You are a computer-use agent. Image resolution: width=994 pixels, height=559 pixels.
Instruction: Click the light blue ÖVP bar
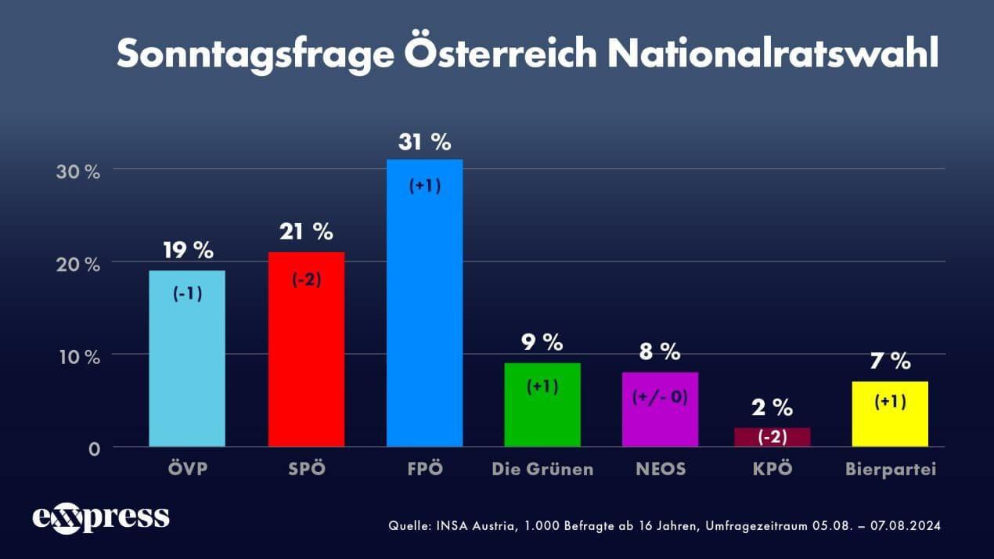187,359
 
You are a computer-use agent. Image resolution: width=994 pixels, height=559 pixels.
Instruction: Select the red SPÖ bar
306,349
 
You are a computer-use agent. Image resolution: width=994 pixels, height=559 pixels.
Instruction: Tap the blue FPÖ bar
424,303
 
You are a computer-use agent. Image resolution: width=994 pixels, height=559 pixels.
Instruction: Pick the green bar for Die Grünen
542,405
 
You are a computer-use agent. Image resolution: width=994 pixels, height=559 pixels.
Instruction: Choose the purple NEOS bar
659,409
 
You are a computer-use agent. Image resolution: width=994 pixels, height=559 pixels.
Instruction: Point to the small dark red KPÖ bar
772,437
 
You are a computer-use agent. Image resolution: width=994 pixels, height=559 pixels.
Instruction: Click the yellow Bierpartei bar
890,414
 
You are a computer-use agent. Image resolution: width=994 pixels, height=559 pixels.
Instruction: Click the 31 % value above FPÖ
424,142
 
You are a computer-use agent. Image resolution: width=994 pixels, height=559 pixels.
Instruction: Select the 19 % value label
188,251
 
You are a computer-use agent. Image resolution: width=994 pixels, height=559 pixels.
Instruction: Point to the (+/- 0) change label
659,397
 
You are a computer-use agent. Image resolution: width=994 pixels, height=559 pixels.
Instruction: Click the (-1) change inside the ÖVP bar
188,295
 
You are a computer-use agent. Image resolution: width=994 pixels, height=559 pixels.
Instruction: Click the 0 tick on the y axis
94,449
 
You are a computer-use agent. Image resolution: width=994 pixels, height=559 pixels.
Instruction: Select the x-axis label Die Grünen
542,470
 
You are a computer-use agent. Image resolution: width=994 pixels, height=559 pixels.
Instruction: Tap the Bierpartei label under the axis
891,470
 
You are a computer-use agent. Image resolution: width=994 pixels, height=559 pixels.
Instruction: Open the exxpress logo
100,518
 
